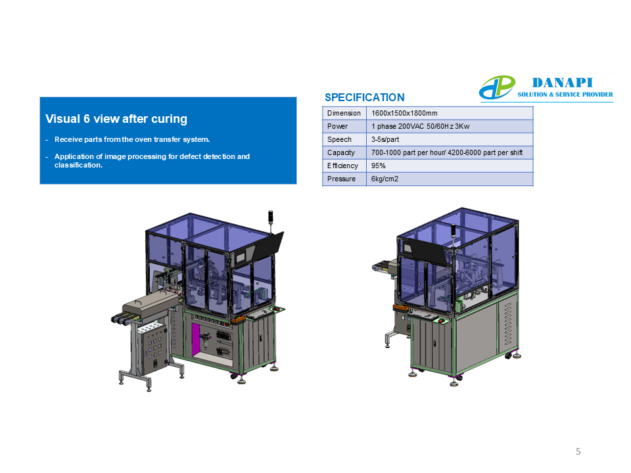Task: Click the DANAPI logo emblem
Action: point(497,87)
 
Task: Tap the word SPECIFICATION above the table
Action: point(365,97)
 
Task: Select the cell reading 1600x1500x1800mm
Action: point(404,113)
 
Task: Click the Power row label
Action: point(337,126)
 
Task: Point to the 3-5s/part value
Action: point(385,139)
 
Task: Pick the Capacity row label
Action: point(341,152)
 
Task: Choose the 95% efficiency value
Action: point(379,166)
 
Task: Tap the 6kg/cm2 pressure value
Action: point(385,179)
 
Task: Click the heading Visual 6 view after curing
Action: point(116,119)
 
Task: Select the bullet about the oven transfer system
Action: point(132,139)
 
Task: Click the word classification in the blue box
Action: point(78,165)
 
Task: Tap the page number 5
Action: point(578,451)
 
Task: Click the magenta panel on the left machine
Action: point(196,340)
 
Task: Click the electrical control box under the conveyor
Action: point(152,348)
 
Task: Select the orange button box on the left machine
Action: point(238,319)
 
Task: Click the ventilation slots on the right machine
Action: point(508,324)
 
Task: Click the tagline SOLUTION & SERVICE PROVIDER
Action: point(565,95)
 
